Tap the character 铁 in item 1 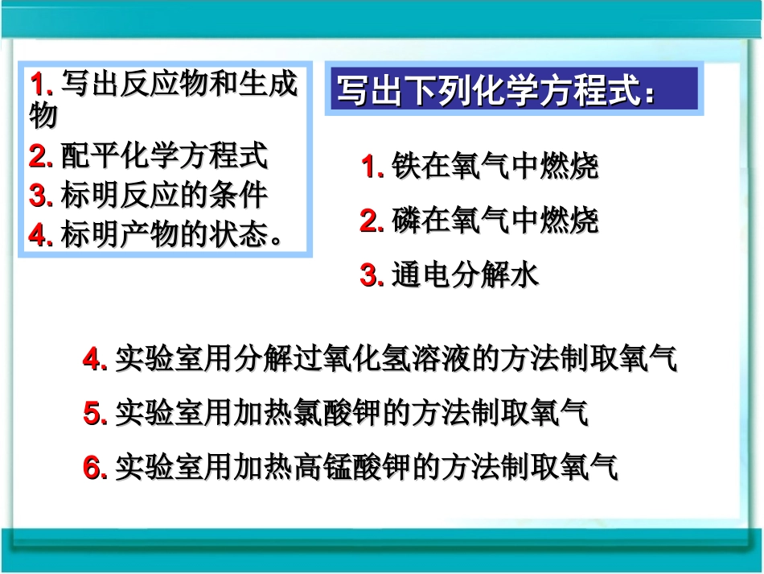click(406, 167)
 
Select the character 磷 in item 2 click(406, 220)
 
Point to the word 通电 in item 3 click(421, 275)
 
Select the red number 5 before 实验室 click(92, 414)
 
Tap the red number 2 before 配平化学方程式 click(37, 157)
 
